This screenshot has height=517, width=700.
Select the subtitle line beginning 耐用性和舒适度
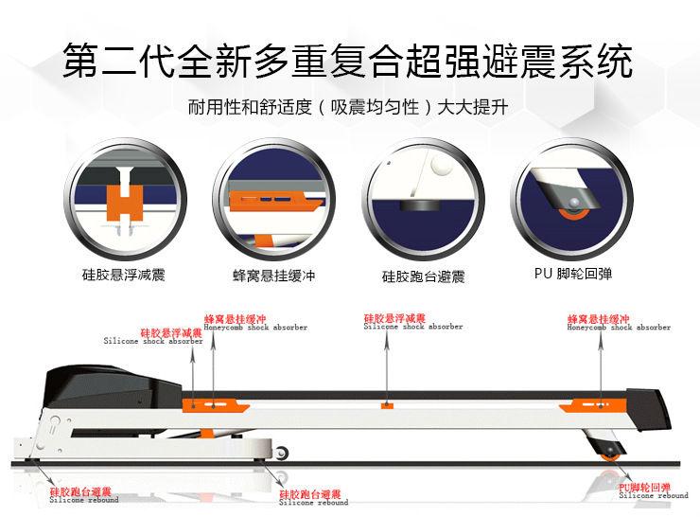pos(348,107)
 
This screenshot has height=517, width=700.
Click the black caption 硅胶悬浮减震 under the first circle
pos(123,276)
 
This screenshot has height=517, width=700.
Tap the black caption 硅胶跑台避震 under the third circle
pos(423,276)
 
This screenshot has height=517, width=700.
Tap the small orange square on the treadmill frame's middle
pos(386,405)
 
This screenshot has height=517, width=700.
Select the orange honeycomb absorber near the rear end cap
pos(592,406)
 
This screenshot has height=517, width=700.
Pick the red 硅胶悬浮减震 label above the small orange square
pos(394,318)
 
